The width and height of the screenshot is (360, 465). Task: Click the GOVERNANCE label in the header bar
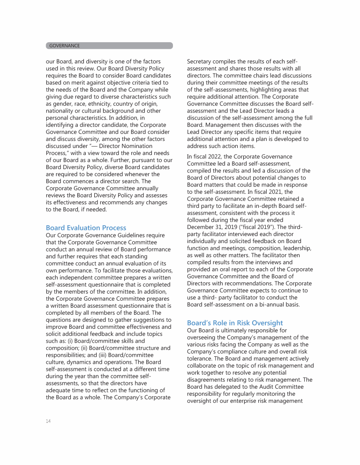pos(65,45)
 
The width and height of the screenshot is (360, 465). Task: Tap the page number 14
pos(48,421)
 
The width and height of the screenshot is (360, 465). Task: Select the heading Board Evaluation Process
pos(86,228)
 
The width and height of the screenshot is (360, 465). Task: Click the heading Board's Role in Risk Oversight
pos(235,323)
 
